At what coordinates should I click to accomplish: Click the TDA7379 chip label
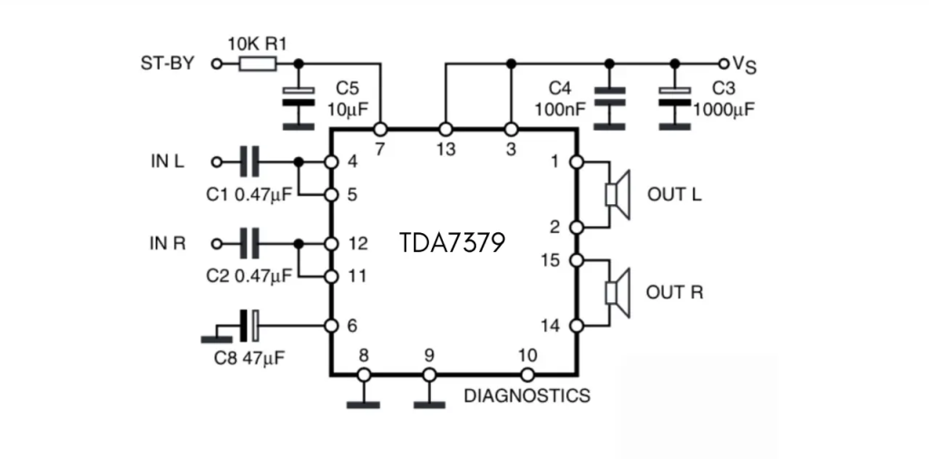pyautogui.click(x=451, y=243)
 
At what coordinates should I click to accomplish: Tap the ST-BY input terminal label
pyautogui.click(x=168, y=63)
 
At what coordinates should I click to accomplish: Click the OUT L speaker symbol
pyautogui.click(x=618, y=194)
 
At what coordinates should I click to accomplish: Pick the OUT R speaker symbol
pyautogui.click(x=618, y=292)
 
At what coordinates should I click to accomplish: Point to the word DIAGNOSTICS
pyautogui.click(x=526, y=396)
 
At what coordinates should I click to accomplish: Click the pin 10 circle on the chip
pyautogui.click(x=525, y=374)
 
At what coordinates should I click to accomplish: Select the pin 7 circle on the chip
pyautogui.click(x=380, y=130)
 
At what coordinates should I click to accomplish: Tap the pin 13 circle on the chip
pyautogui.click(x=445, y=130)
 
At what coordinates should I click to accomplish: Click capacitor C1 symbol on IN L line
pyautogui.click(x=249, y=162)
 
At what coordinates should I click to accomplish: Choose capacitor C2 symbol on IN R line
pyautogui.click(x=249, y=243)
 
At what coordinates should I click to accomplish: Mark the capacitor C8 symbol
pyautogui.click(x=249, y=325)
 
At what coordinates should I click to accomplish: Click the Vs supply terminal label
pyautogui.click(x=742, y=63)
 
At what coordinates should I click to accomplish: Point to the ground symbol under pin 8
pyautogui.click(x=363, y=403)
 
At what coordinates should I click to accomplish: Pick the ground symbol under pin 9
pyautogui.click(x=429, y=403)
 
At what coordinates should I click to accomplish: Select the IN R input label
pyautogui.click(x=167, y=243)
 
